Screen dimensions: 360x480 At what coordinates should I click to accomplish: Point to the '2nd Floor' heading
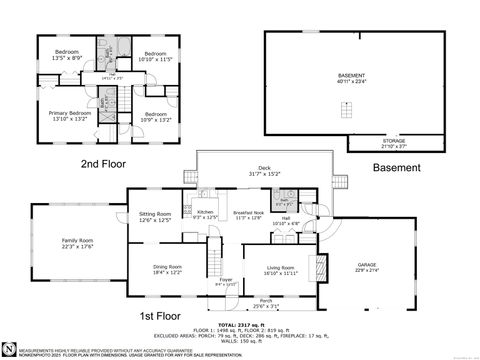coord(101,163)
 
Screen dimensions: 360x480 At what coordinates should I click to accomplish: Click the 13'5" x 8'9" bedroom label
coord(67,53)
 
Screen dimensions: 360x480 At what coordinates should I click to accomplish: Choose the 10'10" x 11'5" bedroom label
coord(154,56)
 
